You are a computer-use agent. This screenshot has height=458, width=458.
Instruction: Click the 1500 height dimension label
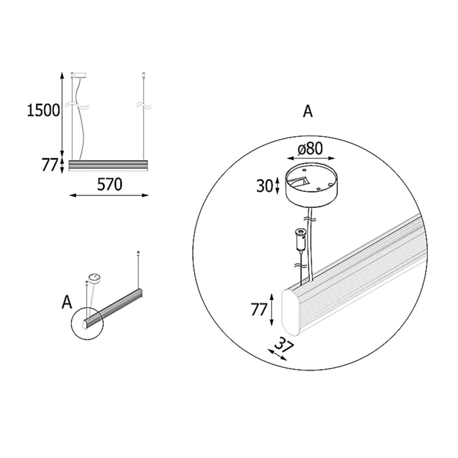pos(44,110)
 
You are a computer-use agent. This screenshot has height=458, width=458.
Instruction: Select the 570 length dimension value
pos(109,184)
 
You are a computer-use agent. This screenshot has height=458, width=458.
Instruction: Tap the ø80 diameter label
pos(310,149)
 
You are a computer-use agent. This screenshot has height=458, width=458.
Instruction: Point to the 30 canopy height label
pos(264,185)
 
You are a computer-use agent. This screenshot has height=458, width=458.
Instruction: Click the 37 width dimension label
pos(283,346)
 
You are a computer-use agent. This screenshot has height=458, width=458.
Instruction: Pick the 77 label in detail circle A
pos(259,310)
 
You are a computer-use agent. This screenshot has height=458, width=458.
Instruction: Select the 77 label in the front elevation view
pos(49,165)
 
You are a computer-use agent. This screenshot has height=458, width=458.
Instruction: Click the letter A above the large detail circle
pos(308,111)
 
